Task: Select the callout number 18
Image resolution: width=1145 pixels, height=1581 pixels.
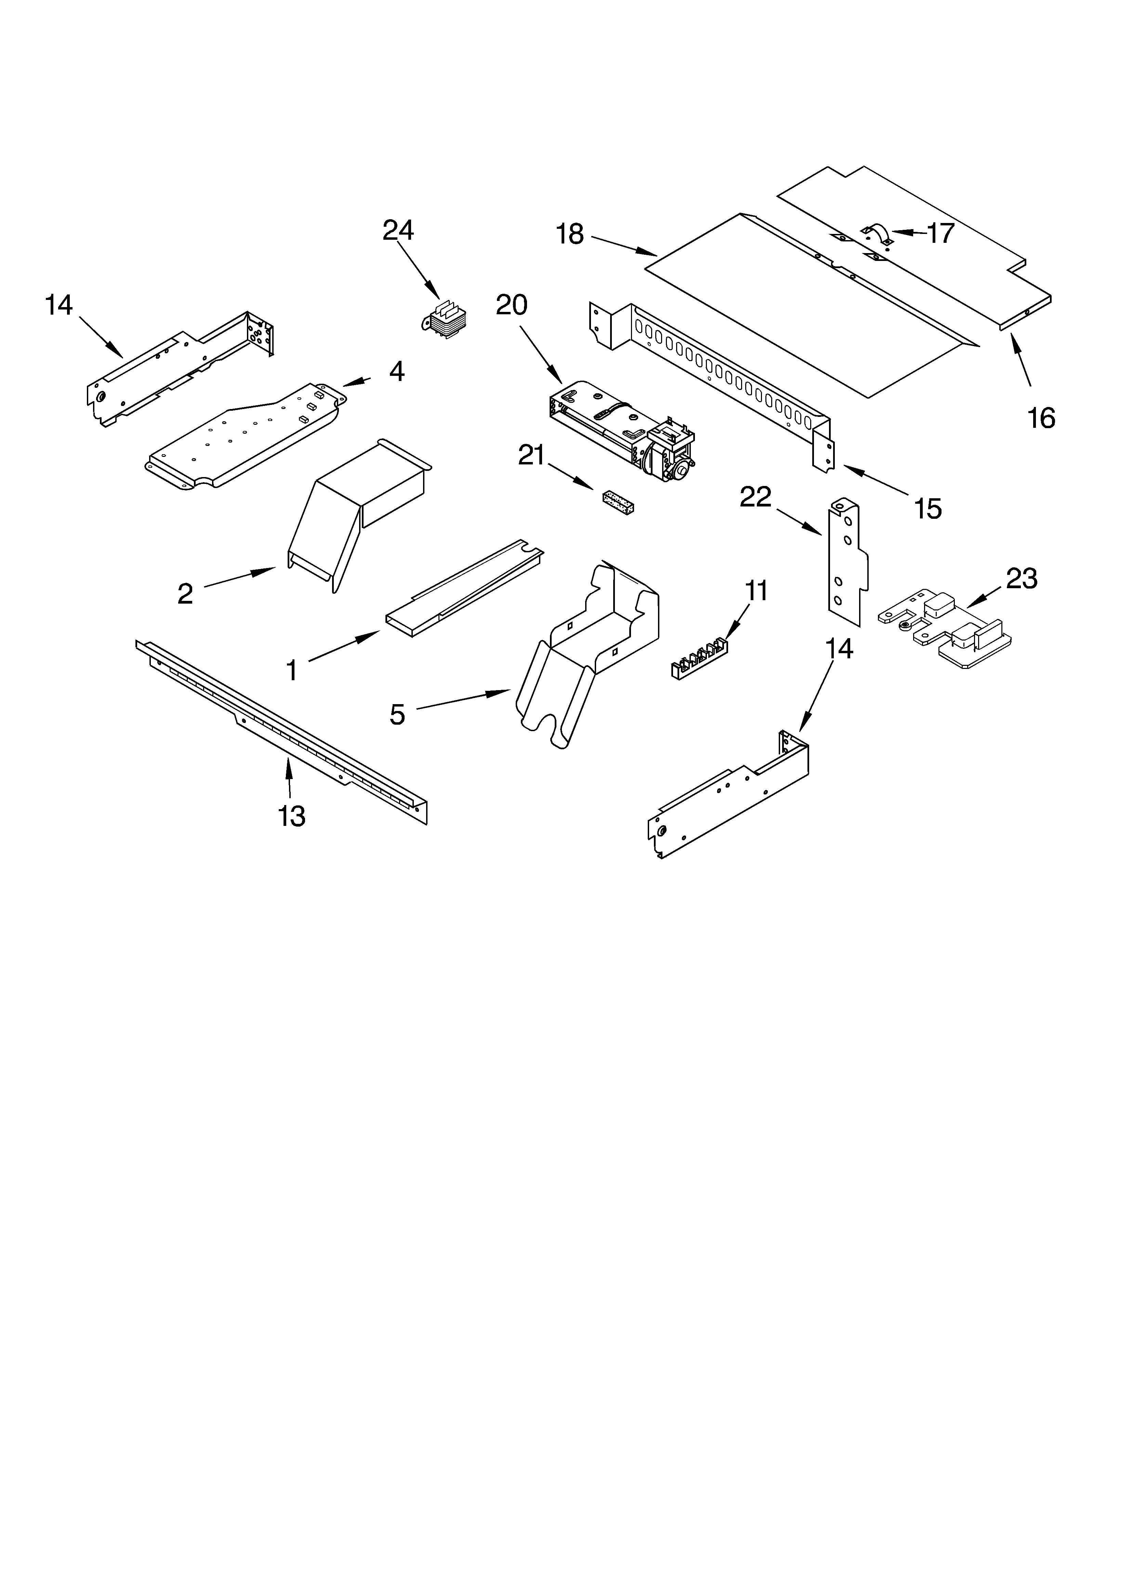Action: [570, 234]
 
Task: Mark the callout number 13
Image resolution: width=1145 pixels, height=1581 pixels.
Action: [291, 816]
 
